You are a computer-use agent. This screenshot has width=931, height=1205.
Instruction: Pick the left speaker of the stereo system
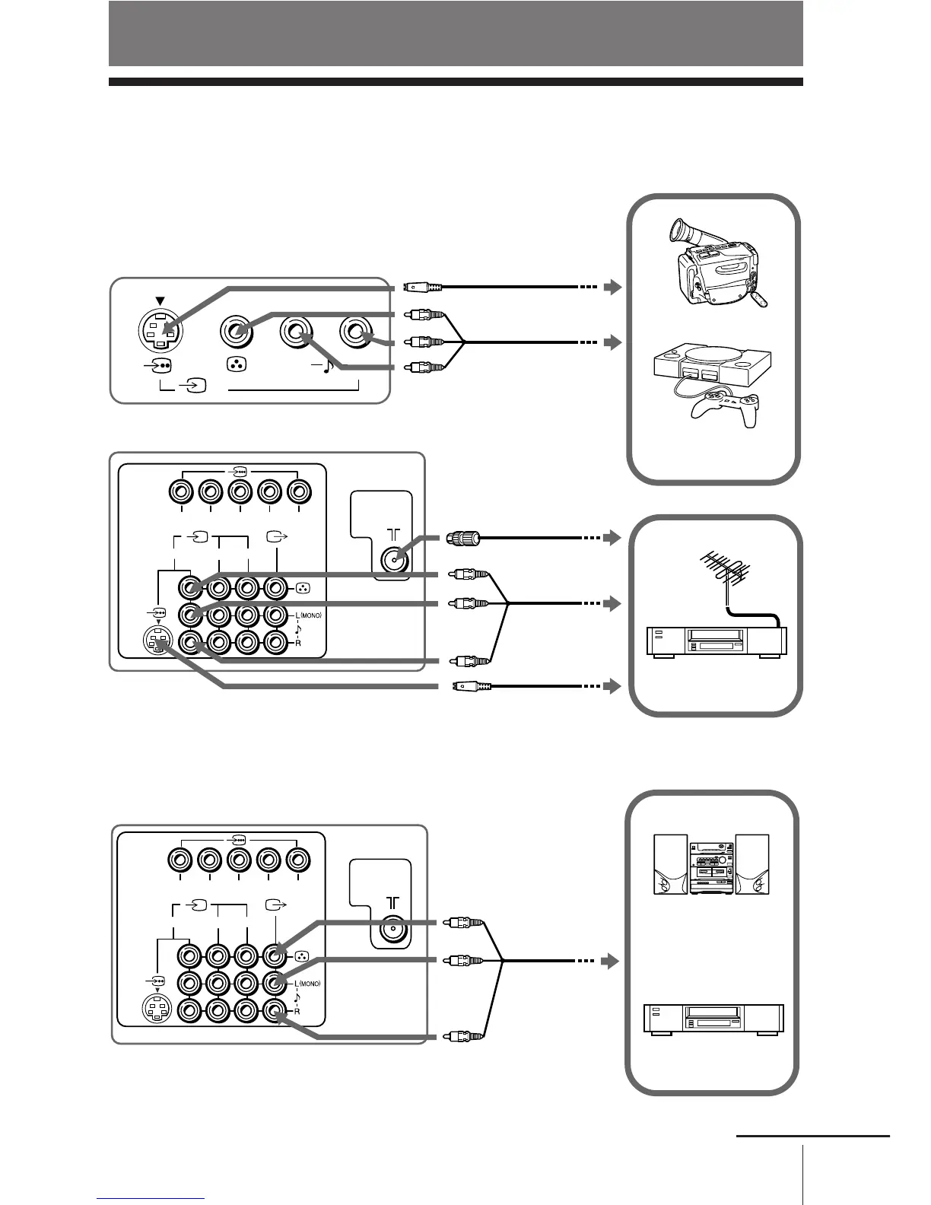[x=670, y=864]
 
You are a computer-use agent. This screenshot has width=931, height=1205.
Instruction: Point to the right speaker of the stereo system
[x=751, y=864]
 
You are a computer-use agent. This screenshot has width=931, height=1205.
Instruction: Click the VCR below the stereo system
[x=713, y=1019]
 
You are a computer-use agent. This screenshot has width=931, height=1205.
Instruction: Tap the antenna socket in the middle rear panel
[x=392, y=560]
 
